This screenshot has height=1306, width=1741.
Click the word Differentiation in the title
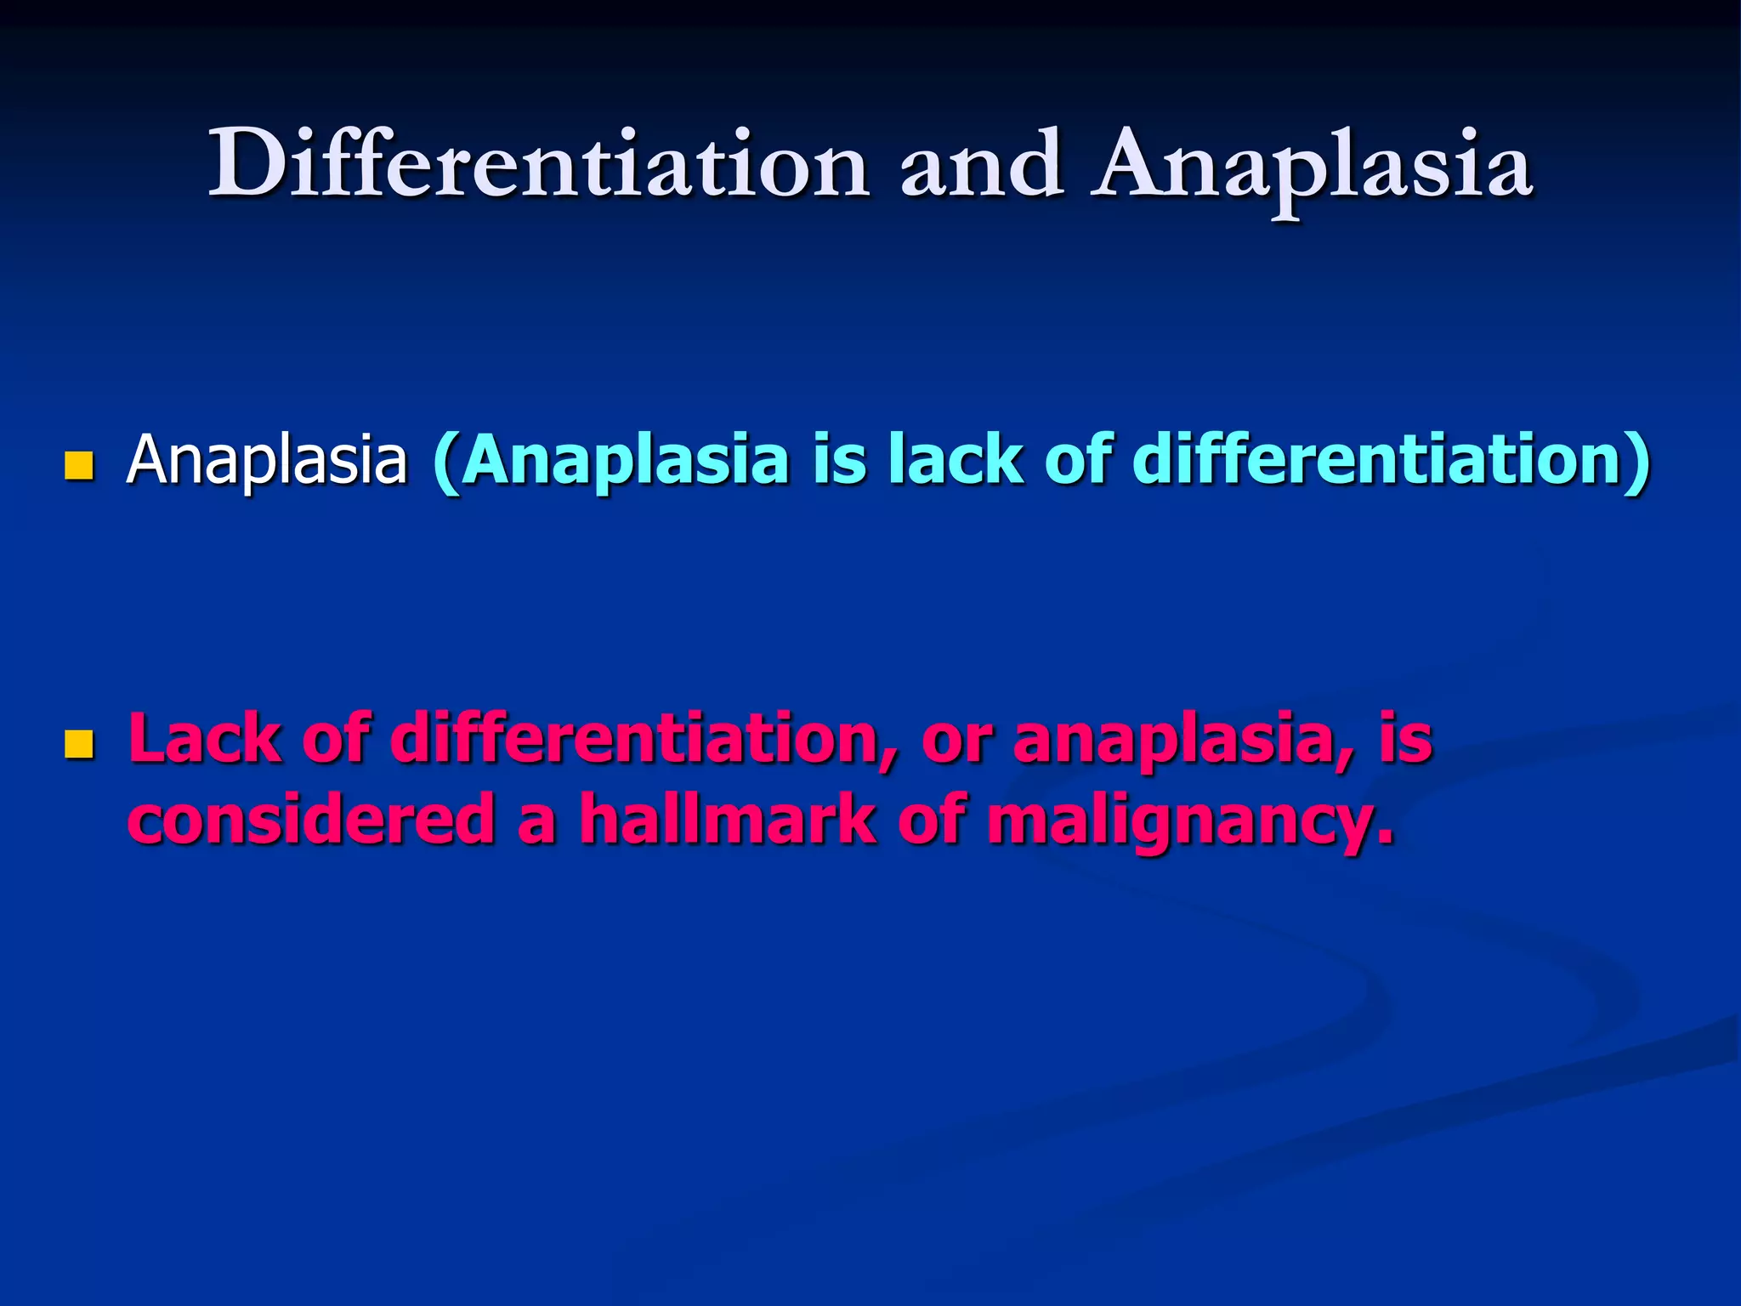pyautogui.click(x=538, y=163)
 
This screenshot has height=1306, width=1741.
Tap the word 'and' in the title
pyautogui.click(x=981, y=163)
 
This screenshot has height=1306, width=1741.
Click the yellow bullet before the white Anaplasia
pyautogui.click(x=77, y=465)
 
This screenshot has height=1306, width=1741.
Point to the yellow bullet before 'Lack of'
pyautogui.click(x=77, y=744)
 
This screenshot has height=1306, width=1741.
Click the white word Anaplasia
pyautogui.click(x=267, y=461)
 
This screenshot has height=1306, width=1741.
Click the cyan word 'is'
pyautogui.click(x=839, y=459)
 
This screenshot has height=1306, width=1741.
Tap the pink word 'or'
pyautogui.click(x=956, y=740)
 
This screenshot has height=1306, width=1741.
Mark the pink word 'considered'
pyautogui.click(x=311, y=818)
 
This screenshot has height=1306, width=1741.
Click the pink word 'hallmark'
pyautogui.click(x=727, y=818)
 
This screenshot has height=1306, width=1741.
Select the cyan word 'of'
pyautogui.click(x=1077, y=459)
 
